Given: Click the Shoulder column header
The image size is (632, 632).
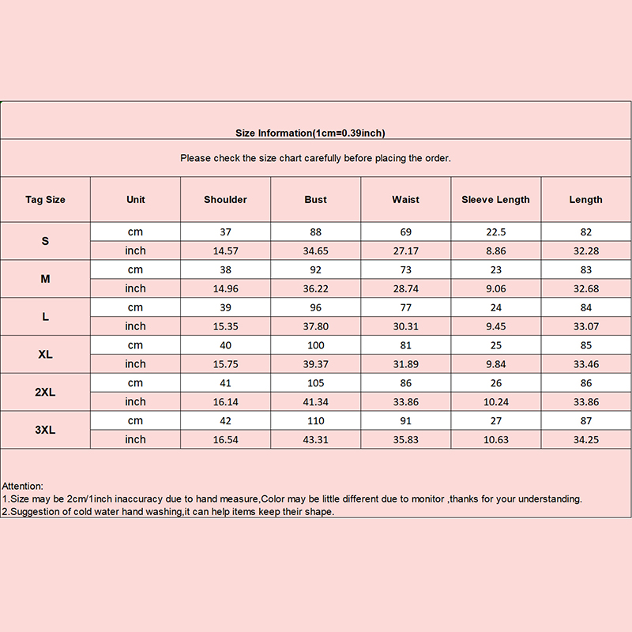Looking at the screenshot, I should pos(225,200).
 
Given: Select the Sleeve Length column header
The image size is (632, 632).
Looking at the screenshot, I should pos(495,200).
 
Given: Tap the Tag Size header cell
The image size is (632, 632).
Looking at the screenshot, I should pos(45,200).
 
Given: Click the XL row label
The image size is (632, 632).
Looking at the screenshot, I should pos(45,355).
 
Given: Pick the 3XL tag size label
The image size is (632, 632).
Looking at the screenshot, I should pos(45,431).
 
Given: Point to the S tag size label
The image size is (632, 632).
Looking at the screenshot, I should pos(45,241).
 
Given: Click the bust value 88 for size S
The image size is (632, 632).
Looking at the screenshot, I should pos(315,232).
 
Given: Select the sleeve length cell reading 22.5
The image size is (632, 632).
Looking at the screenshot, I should pos(495,232).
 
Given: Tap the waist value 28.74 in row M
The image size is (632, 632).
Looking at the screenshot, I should pos(405,288).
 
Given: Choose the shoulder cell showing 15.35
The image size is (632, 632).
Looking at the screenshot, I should pos(225,326).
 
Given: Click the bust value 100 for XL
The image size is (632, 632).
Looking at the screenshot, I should pos(315,345).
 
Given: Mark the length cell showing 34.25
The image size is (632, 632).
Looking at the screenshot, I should pos(585,440).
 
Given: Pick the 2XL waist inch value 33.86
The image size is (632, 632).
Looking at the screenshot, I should pos(405,402).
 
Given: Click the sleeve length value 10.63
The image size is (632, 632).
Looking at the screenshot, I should pos(495,440).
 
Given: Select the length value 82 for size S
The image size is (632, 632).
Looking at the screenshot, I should pos(585,232).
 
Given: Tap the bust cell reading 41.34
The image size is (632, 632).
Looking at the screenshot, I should pos(315,402).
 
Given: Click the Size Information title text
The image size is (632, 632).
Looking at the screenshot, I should pos(310,134).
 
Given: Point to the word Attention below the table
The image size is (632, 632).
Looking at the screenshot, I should pos(23,486).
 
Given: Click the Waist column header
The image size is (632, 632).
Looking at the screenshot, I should pos(405,200).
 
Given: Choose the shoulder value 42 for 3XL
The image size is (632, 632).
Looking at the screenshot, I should pos(225,421).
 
